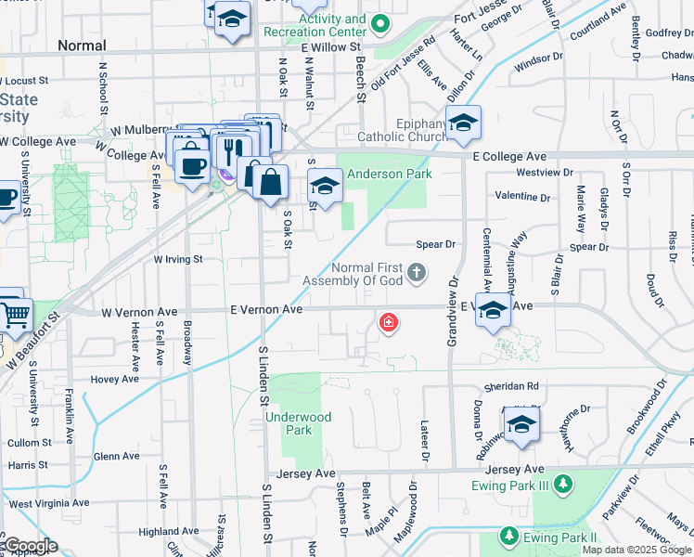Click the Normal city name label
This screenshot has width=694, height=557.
82,45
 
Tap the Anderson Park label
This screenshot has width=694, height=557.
390,174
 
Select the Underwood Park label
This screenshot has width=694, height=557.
298,423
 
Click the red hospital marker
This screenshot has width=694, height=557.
388,322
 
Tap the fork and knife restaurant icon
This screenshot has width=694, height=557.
232,148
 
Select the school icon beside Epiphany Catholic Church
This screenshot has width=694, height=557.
463,122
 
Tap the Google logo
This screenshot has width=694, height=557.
30,546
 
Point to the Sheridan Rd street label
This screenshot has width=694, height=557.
510,386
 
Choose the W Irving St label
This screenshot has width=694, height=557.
178,260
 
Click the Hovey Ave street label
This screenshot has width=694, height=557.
114,379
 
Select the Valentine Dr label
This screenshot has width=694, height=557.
523,197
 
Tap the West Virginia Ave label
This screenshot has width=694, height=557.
50,503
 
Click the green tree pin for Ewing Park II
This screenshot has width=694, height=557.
508,536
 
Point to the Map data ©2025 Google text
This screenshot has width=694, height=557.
636,550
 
